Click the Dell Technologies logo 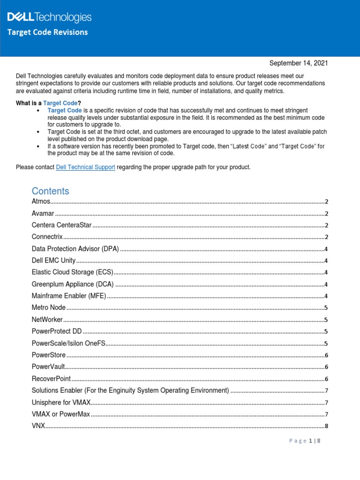pyautogui.click(x=49, y=18)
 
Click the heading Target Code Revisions pyautogui.click(x=47, y=32)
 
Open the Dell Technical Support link pyautogui.click(x=85, y=167)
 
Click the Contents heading pyautogui.click(x=50, y=191)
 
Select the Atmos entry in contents pyautogui.click(x=41, y=202)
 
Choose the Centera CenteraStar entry pyautogui.click(x=61, y=225)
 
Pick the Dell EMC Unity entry pyautogui.click(x=53, y=260)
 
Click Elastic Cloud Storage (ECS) pyautogui.click(x=73, y=272)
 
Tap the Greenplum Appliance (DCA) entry pyautogui.click(x=73, y=284)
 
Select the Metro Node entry pyautogui.click(x=49, y=307)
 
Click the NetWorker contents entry pyautogui.click(x=47, y=319)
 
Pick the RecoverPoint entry pyautogui.click(x=51, y=378)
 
